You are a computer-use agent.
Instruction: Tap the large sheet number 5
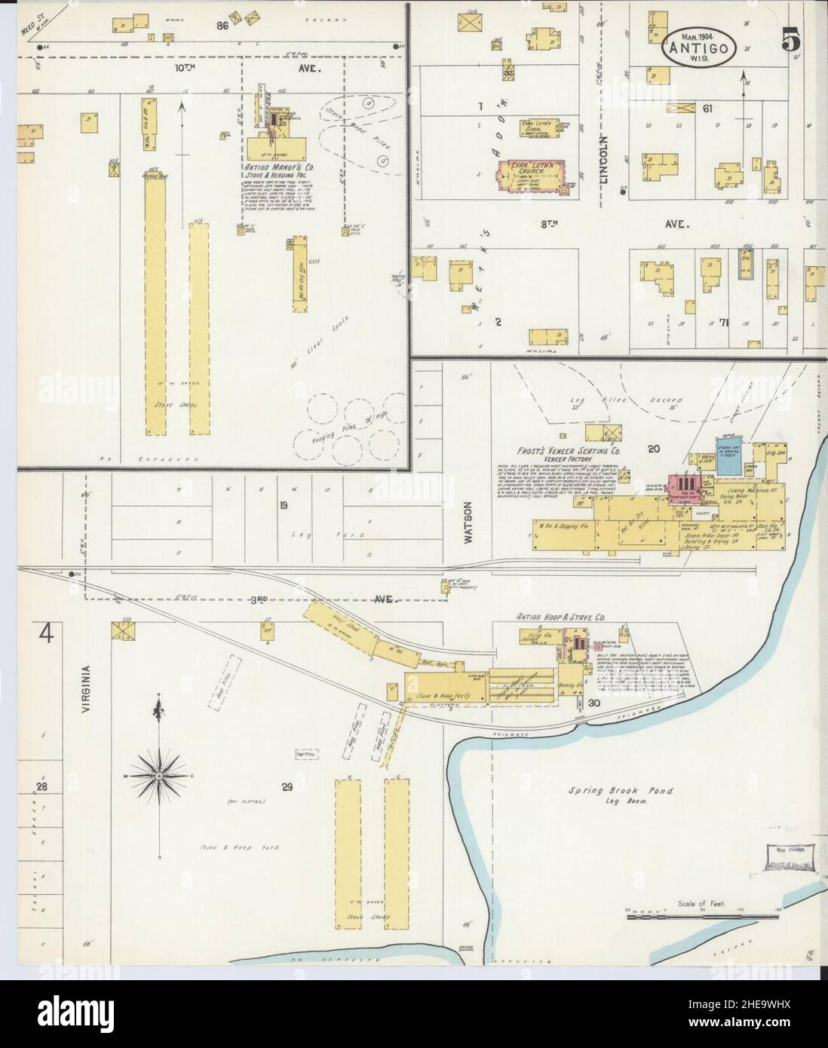790,42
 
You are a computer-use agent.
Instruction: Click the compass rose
158,775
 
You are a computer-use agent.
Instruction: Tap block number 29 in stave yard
287,788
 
